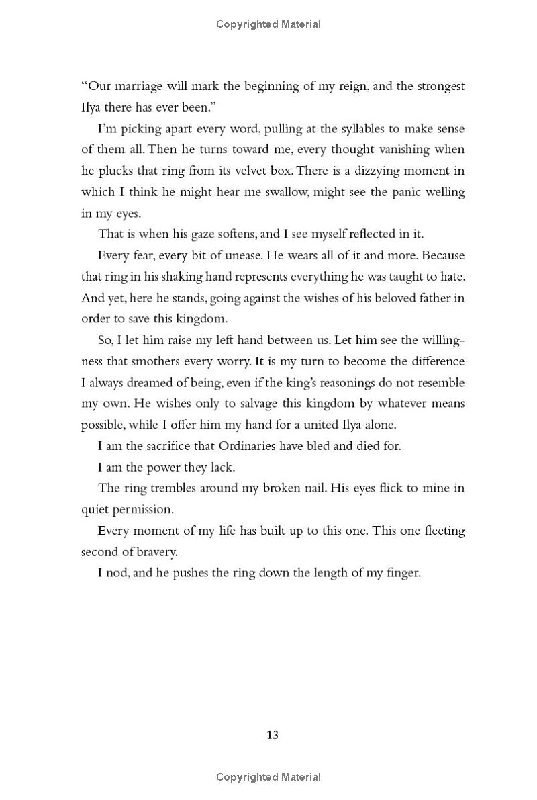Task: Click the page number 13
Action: [x=272, y=735]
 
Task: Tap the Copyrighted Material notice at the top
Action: [x=268, y=24]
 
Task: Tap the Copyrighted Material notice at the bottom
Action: [x=268, y=777]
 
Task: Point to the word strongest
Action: [x=441, y=86]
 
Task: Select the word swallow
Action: [x=278, y=191]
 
